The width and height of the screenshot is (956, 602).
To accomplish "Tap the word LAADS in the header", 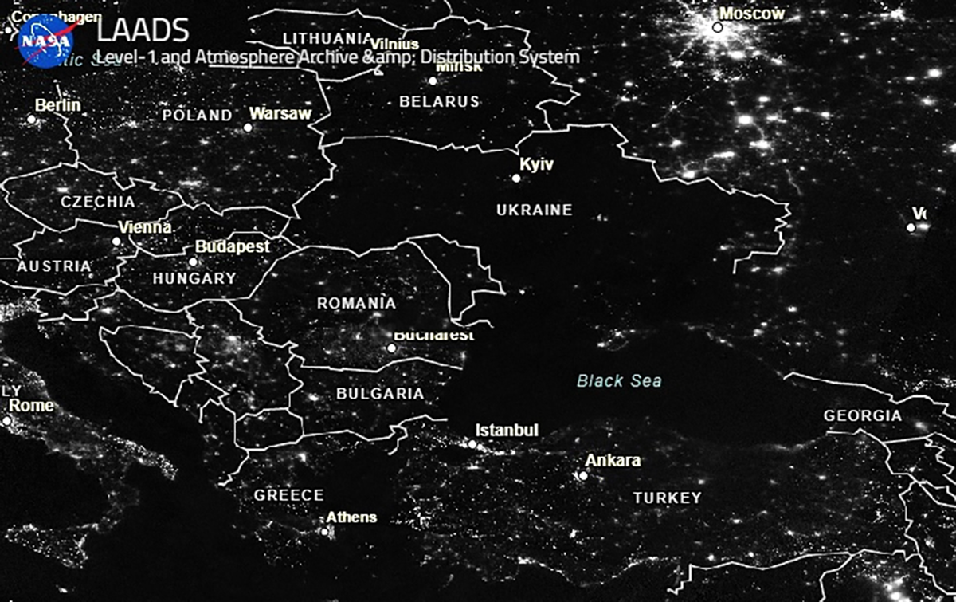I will click(x=143, y=31).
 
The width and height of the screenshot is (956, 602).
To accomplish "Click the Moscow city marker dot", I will click(x=718, y=27).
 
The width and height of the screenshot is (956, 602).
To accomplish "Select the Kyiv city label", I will click(x=536, y=165).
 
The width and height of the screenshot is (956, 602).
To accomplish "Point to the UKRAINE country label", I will click(x=534, y=211).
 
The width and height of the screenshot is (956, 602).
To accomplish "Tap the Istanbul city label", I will click(x=507, y=431).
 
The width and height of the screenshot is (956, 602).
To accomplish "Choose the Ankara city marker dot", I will click(x=583, y=476).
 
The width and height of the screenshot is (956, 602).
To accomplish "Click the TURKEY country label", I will click(x=667, y=498).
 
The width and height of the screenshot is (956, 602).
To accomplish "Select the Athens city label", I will click(x=351, y=517).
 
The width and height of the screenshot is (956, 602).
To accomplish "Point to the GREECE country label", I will click(x=288, y=495).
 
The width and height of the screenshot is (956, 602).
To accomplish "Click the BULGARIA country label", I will click(x=380, y=394).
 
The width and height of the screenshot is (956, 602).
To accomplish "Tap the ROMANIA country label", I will click(x=356, y=304).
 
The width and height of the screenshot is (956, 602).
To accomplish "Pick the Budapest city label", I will click(x=233, y=247).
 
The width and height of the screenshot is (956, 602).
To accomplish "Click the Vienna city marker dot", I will click(x=116, y=241).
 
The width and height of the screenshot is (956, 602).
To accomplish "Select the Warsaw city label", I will click(x=280, y=114).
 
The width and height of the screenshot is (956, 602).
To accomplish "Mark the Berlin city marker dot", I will click(x=32, y=119).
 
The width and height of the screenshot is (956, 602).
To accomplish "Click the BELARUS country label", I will click(x=439, y=102).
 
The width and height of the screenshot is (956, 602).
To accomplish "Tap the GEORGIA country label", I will click(x=863, y=416).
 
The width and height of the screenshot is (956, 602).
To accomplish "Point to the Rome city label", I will click(x=32, y=406).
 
